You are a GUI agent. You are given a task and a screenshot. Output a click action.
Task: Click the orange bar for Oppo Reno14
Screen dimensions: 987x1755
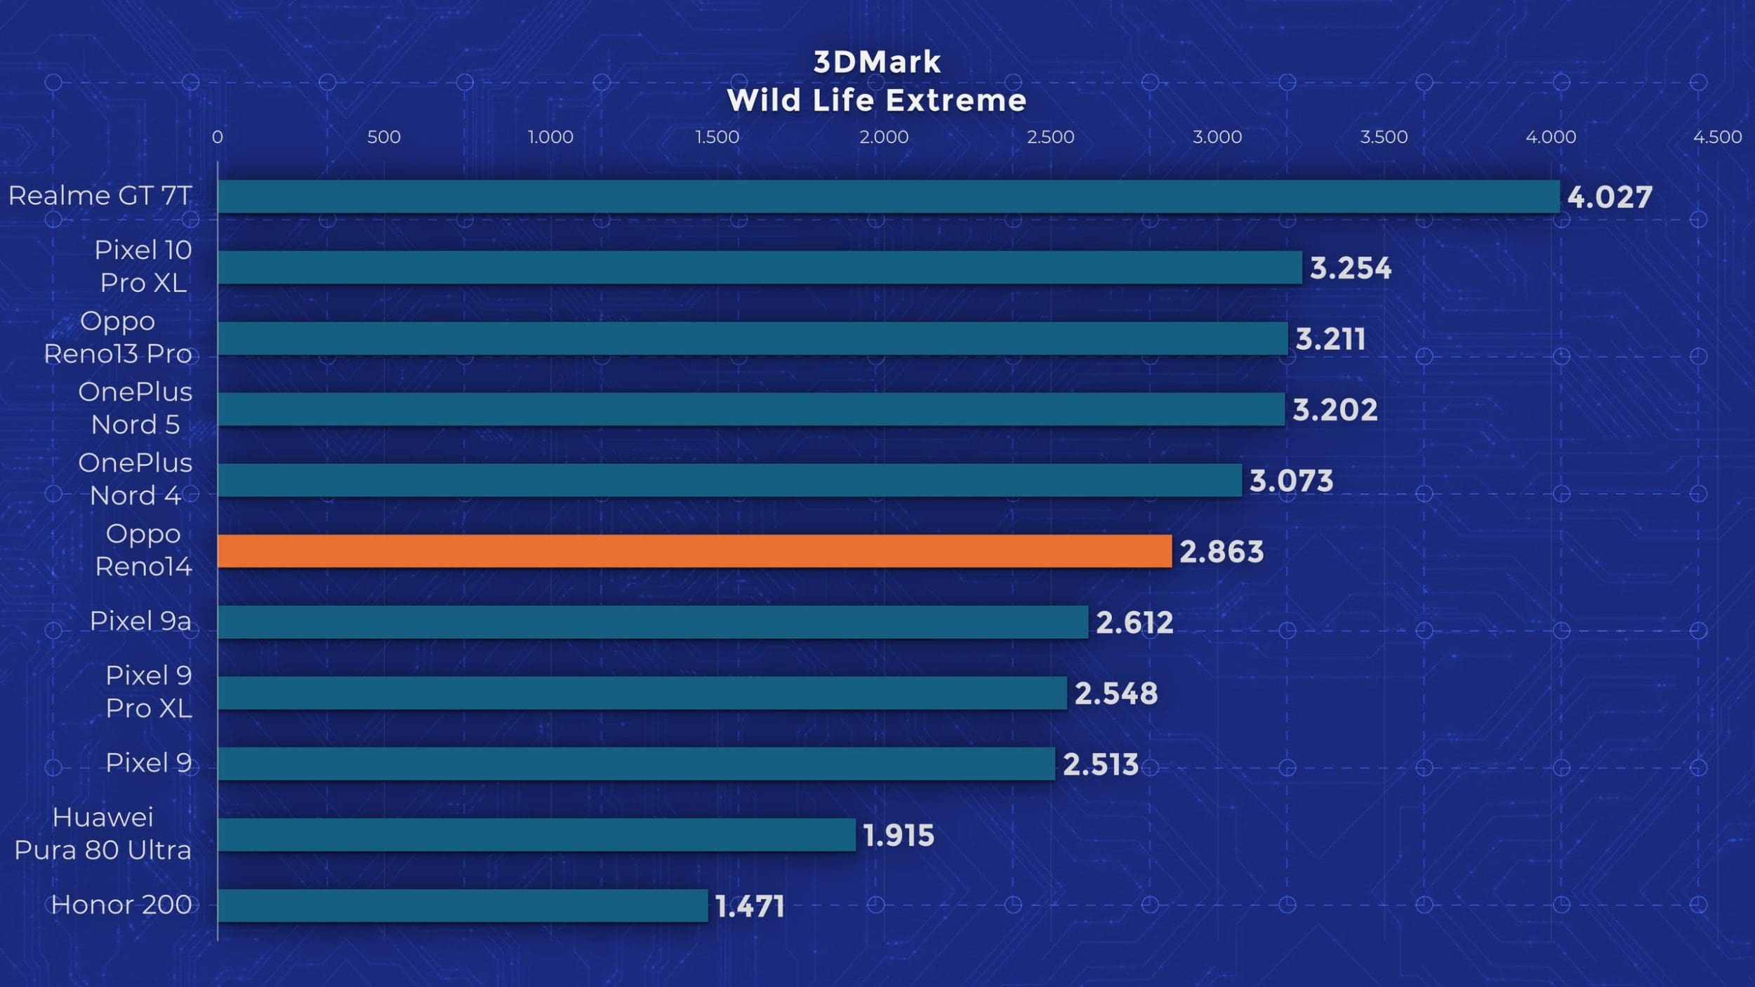pos(694,551)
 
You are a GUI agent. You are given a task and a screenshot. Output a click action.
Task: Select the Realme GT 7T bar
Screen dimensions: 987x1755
pos(888,197)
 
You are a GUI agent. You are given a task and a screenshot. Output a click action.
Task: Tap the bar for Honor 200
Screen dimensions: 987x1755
pos(463,906)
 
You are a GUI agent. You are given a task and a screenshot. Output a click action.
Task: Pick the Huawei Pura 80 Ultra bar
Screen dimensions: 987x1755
pos(536,835)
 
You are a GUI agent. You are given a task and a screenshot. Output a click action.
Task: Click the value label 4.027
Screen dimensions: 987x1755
pos(1610,197)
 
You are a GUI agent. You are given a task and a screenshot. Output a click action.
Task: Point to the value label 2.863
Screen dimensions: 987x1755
pos(1221,552)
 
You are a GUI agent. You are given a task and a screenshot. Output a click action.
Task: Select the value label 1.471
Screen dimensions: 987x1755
pos(750,906)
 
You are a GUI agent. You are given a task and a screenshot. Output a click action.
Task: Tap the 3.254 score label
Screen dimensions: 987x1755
pos(1351,268)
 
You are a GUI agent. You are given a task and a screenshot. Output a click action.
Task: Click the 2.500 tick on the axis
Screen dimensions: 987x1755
pos(1050,137)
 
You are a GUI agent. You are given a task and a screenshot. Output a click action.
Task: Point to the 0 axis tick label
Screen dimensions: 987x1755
pos(218,137)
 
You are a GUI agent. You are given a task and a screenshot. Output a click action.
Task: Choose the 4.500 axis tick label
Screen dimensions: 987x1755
pos(1717,137)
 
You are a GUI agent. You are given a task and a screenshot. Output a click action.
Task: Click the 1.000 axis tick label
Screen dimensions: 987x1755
pos(550,137)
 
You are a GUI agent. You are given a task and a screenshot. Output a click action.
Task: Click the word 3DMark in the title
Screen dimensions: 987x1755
pos(877,62)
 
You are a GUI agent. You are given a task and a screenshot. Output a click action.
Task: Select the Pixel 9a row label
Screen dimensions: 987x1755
pos(140,621)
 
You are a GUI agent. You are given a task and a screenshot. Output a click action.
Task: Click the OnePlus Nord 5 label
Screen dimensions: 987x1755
pos(135,408)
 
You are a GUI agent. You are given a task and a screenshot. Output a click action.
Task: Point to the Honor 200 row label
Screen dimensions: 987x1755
pos(121,905)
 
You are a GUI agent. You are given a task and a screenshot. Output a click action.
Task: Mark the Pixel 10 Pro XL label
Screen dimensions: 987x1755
pos(143,266)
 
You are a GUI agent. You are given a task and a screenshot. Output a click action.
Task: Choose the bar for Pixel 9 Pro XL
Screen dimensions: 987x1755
pos(642,693)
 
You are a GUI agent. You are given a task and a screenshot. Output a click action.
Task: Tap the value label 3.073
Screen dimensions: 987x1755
pos(1291,481)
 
